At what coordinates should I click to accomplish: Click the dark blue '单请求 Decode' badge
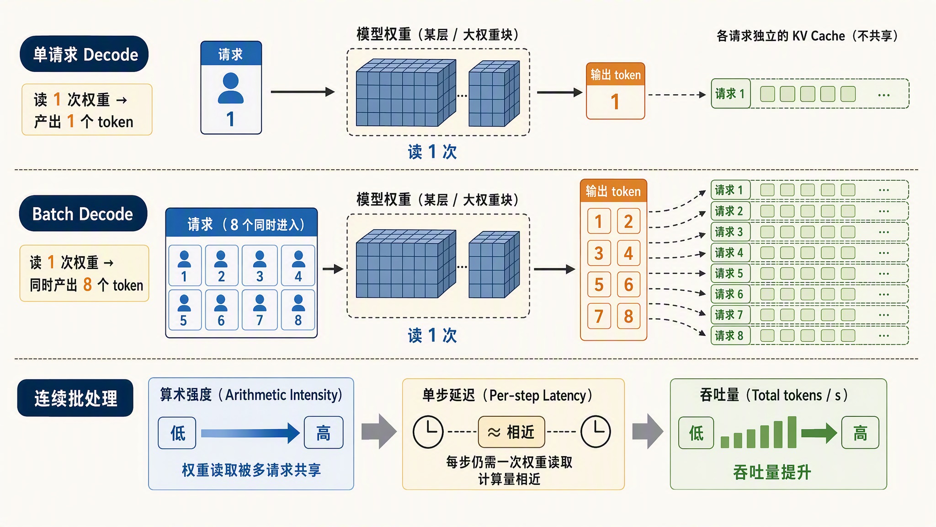[x=84, y=54]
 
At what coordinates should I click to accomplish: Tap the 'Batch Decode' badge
[x=83, y=214]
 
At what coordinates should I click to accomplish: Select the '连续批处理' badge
[x=75, y=398]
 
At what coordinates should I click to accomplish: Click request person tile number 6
[x=221, y=310]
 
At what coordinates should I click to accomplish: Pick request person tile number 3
[x=260, y=266]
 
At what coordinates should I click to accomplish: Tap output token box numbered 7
[x=599, y=316]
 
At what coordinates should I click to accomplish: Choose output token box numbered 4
[x=629, y=253]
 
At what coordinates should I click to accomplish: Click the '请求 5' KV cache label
[x=730, y=274]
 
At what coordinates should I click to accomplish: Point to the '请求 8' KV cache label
[x=730, y=336]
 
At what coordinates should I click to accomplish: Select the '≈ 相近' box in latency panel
[x=511, y=432]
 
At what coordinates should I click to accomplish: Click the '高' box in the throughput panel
[x=860, y=433]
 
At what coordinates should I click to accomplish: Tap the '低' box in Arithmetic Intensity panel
[x=177, y=433]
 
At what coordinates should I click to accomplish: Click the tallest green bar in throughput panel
[x=792, y=432]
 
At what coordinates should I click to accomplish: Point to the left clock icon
[x=428, y=431]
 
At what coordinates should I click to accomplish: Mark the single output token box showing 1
[x=616, y=91]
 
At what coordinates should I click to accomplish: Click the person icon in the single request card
[x=231, y=88]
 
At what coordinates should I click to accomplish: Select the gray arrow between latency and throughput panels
[x=648, y=431]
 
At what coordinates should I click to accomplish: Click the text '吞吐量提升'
[x=772, y=472]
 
